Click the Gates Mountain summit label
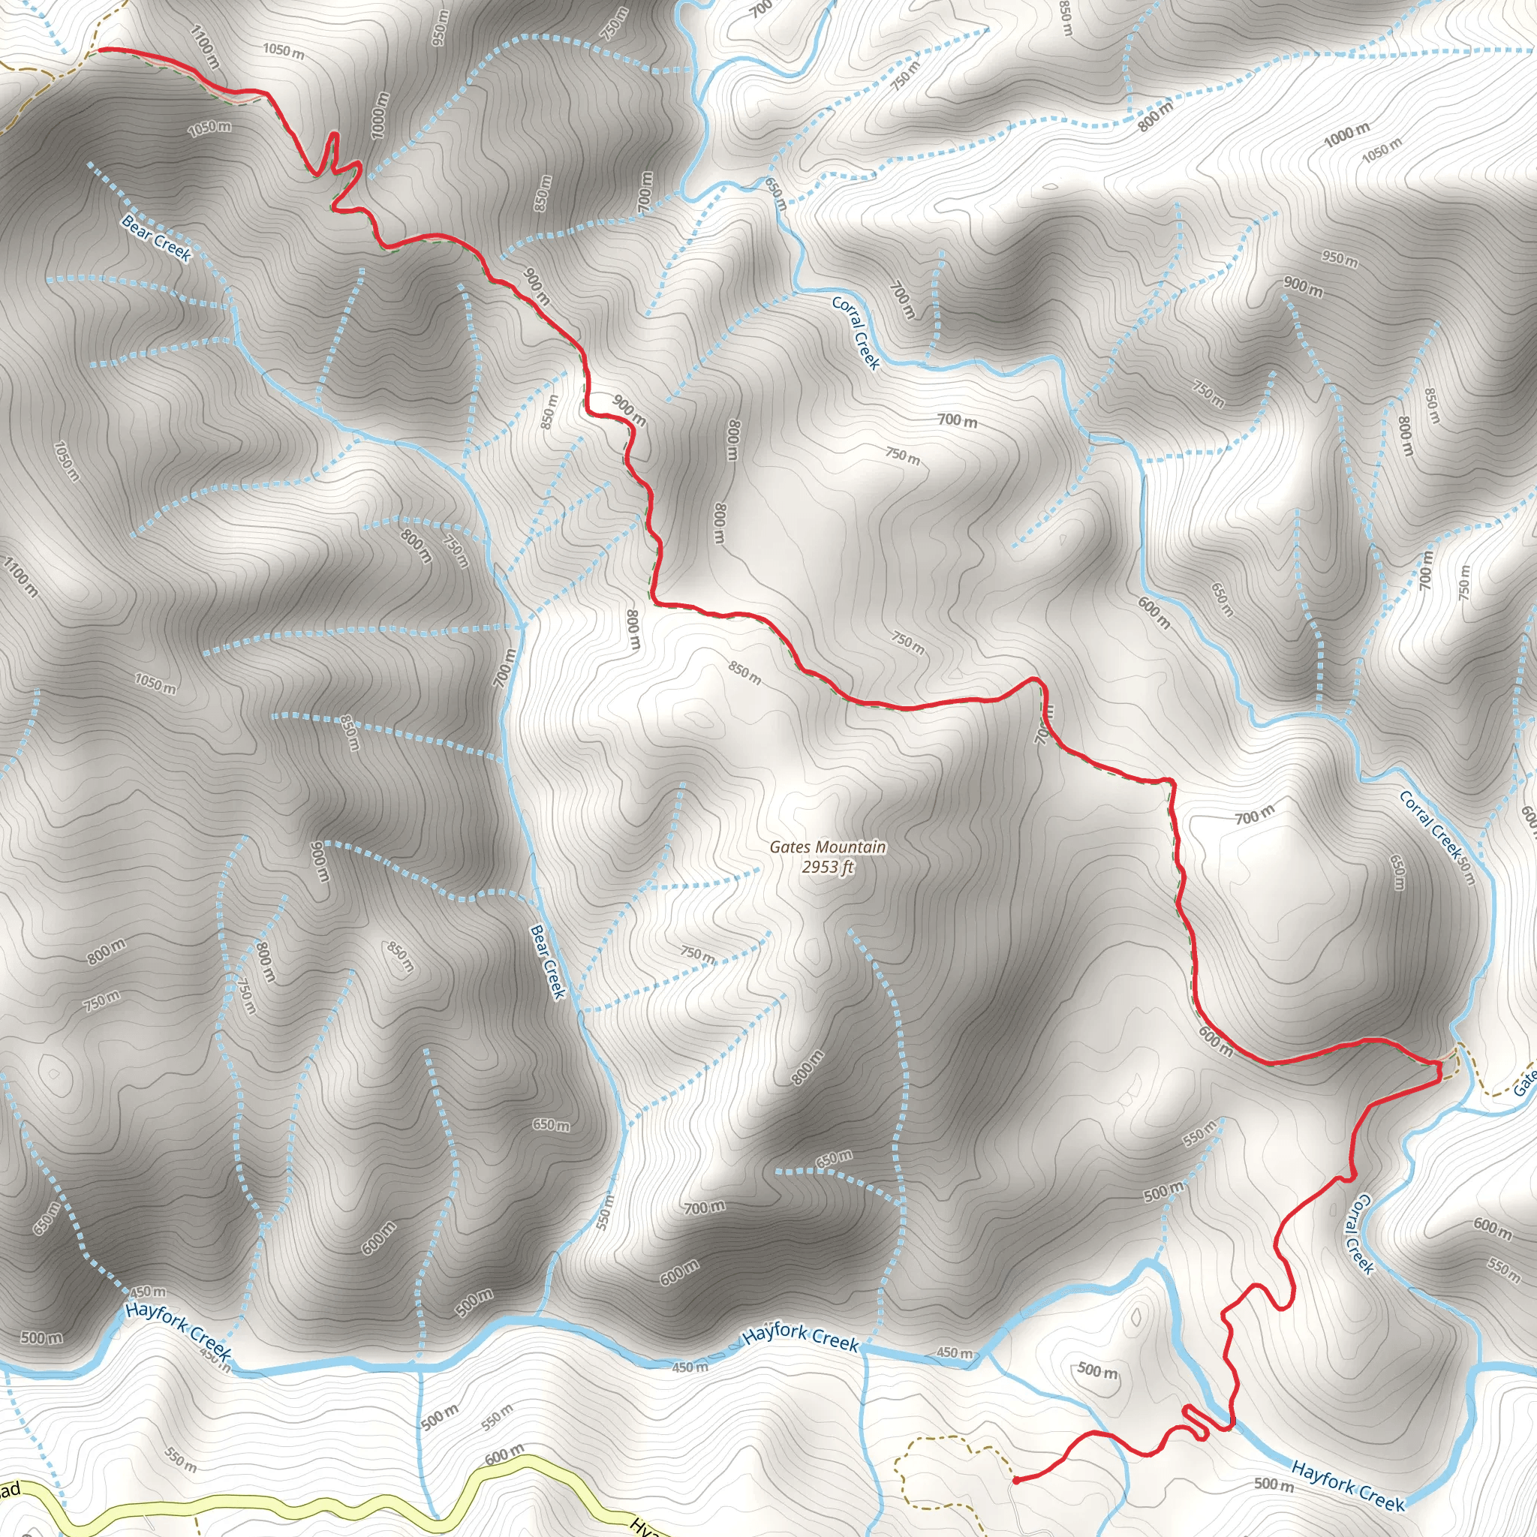click(827, 847)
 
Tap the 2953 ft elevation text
click(827, 867)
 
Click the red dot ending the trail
click(1016, 1481)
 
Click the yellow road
click(318, 1505)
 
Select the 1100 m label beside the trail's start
click(205, 46)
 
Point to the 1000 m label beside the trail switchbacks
click(381, 115)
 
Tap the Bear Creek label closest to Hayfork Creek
click(548, 961)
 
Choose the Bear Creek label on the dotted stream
click(157, 237)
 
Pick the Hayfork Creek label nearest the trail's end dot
click(1349, 1485)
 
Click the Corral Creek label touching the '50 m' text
click(1430, 825)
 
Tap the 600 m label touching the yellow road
click(504, 1455)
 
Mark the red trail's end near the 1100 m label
click(98, 50)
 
